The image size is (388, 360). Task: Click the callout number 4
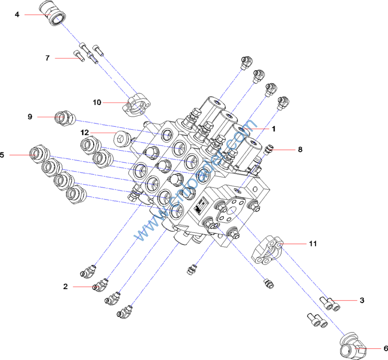coord(17,15)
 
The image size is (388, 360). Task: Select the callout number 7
coord(47,58)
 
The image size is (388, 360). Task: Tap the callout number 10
coord(97,102)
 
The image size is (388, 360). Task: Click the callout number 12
coord(84,132)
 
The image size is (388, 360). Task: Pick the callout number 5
coord(2,155)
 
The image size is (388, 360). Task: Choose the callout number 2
coord(65,287)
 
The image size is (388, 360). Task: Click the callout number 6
coord(385,348)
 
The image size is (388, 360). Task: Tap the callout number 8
coord(300,149)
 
